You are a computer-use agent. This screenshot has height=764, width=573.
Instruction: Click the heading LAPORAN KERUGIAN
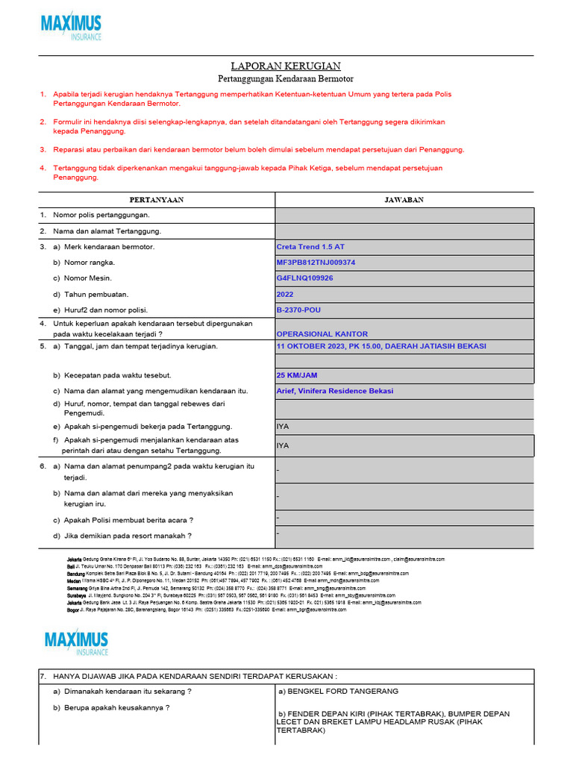(286, 66)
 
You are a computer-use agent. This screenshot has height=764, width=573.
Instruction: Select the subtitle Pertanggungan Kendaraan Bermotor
(286, 78)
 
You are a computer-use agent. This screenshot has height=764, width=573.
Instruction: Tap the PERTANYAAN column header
(157, 200)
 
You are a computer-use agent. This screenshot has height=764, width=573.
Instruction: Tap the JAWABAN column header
(404, 200)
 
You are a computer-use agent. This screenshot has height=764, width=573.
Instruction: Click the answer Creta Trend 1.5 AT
(310, 246)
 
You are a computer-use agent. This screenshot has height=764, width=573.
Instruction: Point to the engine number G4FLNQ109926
(304, 278)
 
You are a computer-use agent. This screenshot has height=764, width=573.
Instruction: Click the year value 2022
(286, 294)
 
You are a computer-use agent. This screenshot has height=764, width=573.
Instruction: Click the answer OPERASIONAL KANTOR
(322, 334)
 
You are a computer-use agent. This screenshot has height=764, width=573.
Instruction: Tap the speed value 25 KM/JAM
(296, 375)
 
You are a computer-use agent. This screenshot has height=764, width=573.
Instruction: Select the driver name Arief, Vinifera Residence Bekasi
(335, 391)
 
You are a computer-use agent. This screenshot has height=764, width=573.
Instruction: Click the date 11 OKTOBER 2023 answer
(381, 346)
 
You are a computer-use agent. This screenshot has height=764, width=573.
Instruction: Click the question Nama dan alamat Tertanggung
(107, 231)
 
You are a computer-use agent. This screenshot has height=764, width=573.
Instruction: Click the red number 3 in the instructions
(43, 149)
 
